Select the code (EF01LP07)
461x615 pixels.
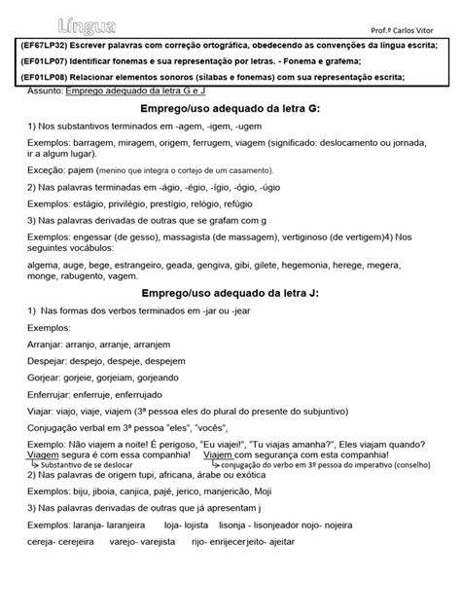pos(45,62)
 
